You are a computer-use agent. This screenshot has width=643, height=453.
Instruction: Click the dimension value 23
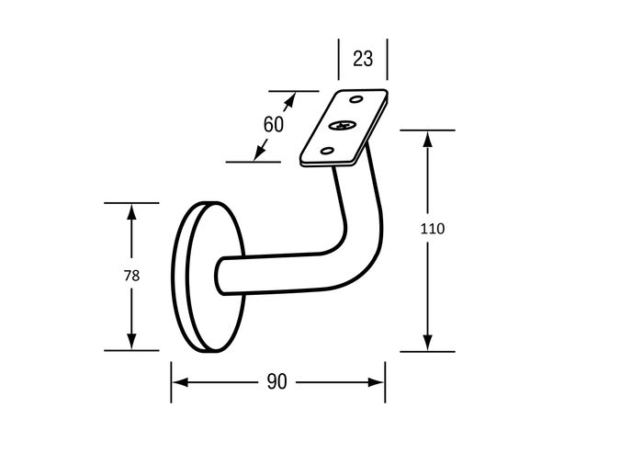363,59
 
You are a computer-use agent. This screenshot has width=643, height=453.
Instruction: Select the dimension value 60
274,124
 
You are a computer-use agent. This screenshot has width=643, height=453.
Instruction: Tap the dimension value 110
433,229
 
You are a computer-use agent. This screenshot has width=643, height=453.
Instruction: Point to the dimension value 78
131,276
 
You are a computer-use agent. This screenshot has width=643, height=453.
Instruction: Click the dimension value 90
276,381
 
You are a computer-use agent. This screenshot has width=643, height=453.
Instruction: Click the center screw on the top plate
341,125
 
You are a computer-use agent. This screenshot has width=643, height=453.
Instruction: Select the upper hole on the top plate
356,99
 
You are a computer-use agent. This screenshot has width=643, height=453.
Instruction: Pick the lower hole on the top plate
327,151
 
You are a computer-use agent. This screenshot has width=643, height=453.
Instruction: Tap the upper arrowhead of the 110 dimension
427,139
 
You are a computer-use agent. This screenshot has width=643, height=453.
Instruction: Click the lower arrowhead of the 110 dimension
427,343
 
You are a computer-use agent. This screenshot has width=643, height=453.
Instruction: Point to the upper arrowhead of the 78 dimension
131,211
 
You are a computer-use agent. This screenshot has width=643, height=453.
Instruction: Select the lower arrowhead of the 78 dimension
131,342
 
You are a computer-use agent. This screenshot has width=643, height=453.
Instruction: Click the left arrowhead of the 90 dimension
180,382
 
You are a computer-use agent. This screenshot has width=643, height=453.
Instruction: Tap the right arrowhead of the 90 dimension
376,382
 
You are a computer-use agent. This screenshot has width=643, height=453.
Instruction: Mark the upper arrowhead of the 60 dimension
289,100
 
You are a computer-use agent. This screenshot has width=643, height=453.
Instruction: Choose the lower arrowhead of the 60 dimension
259,152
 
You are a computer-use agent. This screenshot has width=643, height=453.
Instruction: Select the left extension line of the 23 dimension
339,60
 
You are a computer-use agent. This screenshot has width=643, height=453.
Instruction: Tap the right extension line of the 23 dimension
387,60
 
